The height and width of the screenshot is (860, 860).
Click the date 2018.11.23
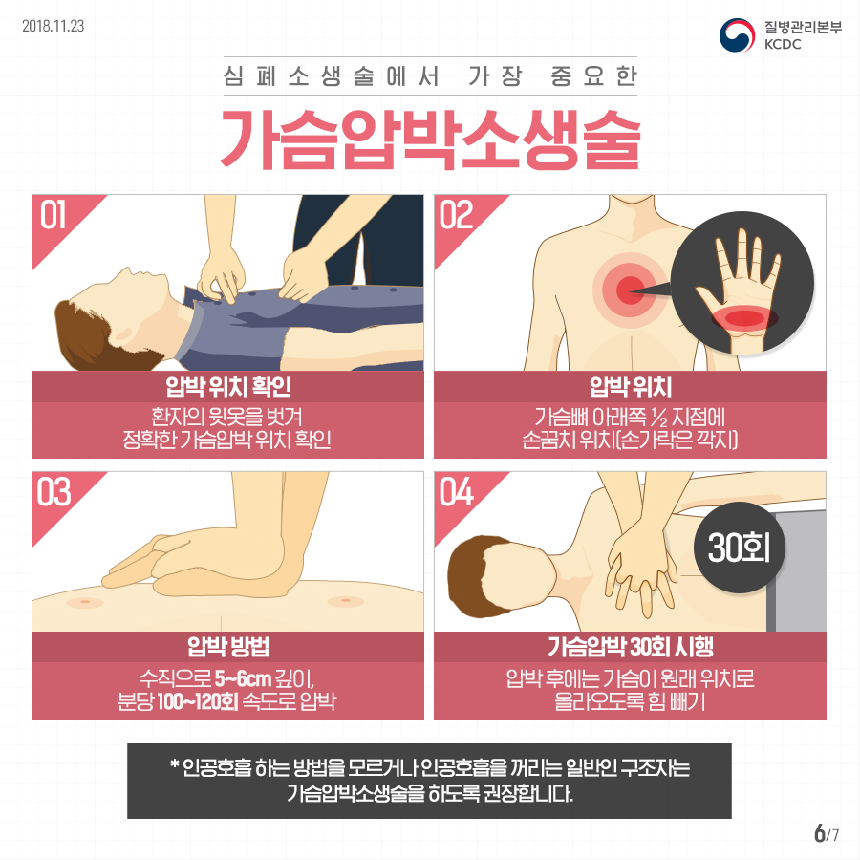click(x=54, y=26)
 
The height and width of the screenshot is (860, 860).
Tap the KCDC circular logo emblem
click(x=737, y=35)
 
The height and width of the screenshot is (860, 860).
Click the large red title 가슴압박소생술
click(x=431, y=139)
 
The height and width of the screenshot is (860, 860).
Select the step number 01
click(x=53, y=214)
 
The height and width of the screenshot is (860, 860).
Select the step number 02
click(x=456, y=214)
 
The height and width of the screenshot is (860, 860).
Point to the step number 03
click(x=54, y=492)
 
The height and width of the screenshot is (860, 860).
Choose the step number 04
click(x=457, y=492)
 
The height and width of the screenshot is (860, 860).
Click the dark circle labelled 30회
click(x=740, y=548)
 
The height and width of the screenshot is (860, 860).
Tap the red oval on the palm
click(x=744, y=318)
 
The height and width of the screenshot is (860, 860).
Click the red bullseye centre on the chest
click(x=631, y=290)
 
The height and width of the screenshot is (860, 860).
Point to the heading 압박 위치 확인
click(x=228, y=387)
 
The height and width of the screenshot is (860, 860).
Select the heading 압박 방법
click(x=228, y=647)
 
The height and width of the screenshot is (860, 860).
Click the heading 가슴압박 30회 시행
click(x=631, y=647)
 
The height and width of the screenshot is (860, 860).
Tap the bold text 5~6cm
click(x=243, y=679)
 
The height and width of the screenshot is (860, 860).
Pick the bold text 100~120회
click(x=198, y=701)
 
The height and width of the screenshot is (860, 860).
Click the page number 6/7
click(x=827, y=833)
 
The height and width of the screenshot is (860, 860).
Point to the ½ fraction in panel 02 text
click(x=659, y=419)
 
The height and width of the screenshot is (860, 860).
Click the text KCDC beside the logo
click(x=783, y=44)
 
